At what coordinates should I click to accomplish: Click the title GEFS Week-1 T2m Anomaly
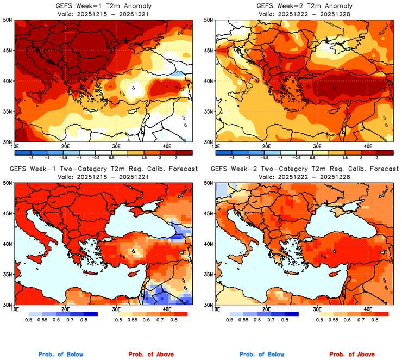pos(103,5)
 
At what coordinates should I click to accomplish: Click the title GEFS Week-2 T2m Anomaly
pos(304,5)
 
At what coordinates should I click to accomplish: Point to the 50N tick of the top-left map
pos(7,20)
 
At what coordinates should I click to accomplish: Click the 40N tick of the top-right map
pos(208,81)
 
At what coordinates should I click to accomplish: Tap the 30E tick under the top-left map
pos(116,146)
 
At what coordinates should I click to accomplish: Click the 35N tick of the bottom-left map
pos(7,274)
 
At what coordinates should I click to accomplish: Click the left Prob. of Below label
pos(61,355)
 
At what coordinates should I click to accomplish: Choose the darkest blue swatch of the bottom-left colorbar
pos(89,314)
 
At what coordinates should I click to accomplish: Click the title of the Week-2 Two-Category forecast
pos(304,169)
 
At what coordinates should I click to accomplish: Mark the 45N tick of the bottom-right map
pos(208,213)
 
